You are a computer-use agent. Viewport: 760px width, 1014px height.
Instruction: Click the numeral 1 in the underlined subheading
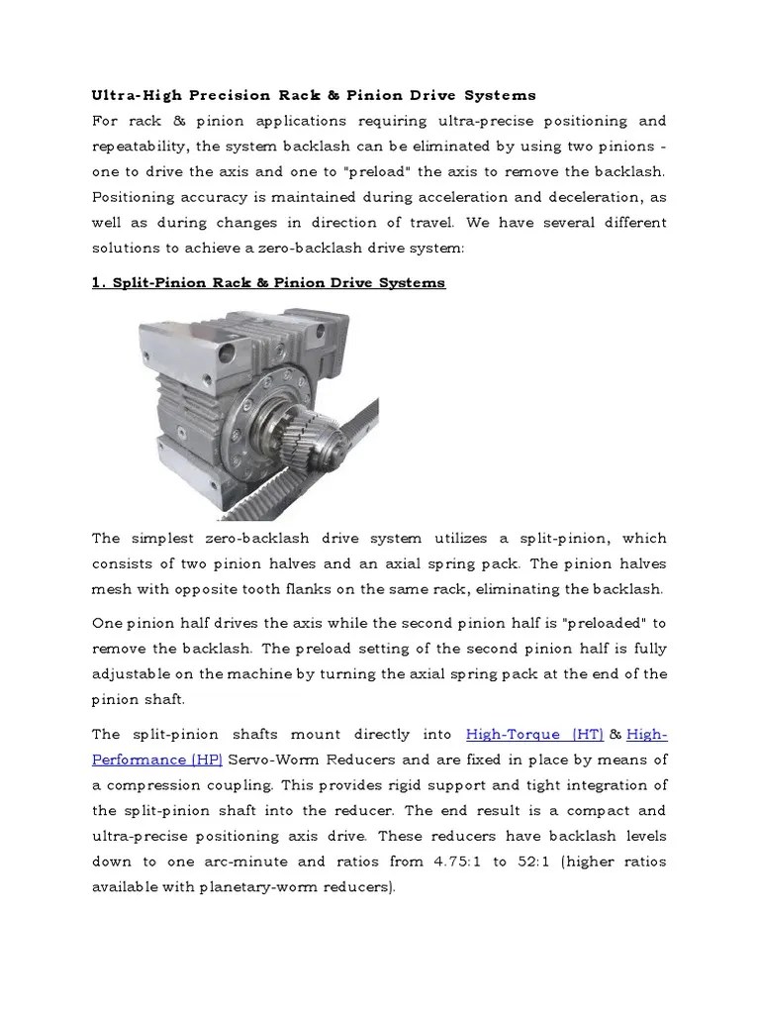(x=97, y=283)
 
